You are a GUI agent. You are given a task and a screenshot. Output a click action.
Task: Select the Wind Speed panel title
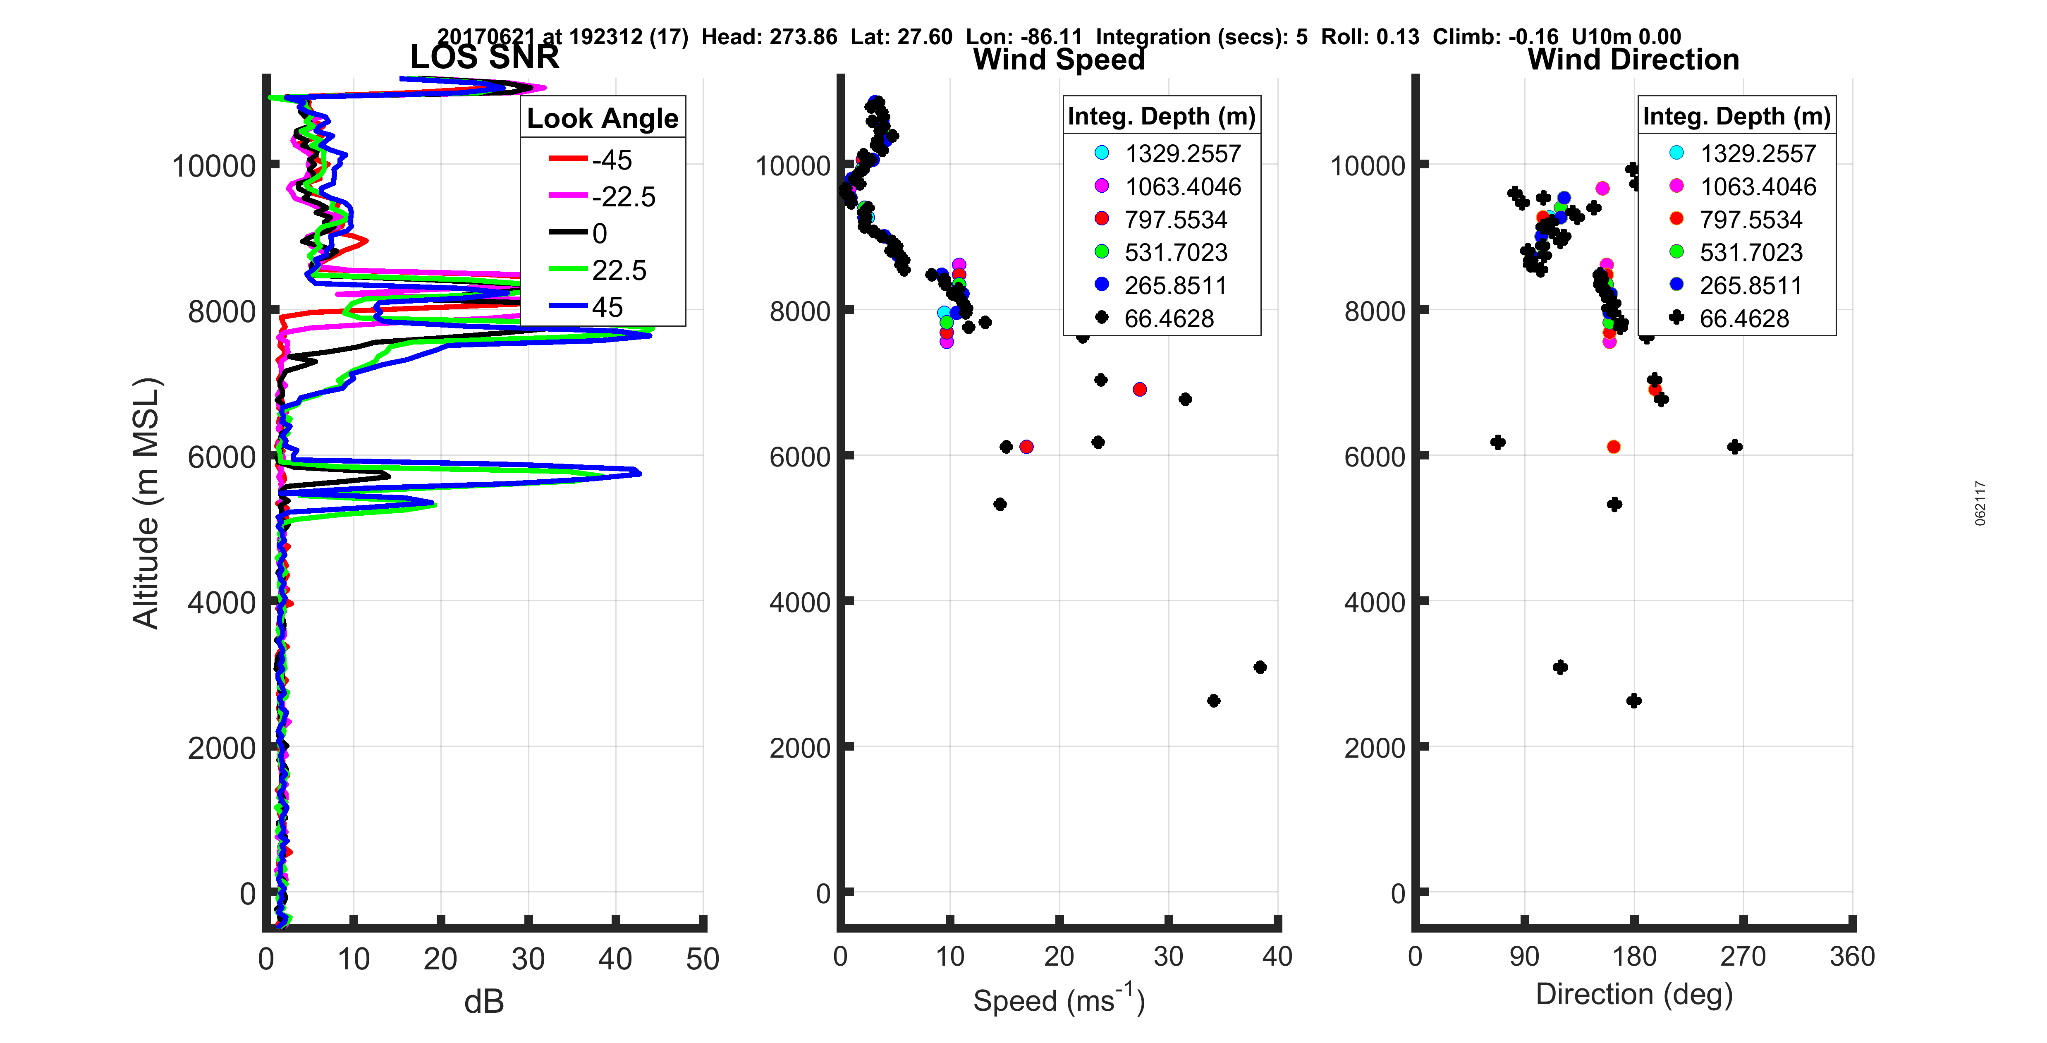(1059, 60)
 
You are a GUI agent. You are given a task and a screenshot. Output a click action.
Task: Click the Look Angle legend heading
(603, 118)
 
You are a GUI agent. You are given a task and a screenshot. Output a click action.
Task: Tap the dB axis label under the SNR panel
(484, 1002)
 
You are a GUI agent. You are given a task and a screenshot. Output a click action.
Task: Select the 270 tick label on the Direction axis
(1743, 956)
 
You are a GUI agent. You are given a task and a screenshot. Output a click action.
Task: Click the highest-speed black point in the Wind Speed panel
(1260, 667)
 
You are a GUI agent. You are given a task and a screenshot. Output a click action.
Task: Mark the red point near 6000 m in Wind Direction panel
(1613, 447)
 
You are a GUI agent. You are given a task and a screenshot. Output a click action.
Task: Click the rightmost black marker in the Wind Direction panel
(1735, 447)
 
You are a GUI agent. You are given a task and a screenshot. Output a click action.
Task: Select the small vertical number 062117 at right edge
(1980, 502)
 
